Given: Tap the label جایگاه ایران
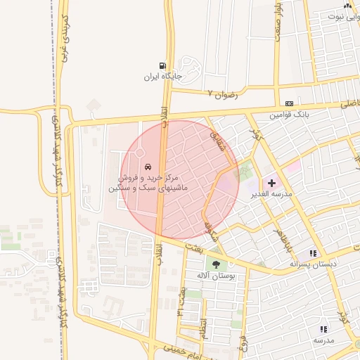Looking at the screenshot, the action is (163, 76).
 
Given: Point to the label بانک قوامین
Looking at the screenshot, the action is (290, 113).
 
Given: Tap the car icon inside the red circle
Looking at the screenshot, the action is (148, 167).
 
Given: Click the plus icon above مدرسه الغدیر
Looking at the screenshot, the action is (271, 182).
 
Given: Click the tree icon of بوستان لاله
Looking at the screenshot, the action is (216, 264).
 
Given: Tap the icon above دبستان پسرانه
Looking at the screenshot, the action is (313, 253).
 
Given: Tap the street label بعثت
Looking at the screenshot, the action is (193, 245).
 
